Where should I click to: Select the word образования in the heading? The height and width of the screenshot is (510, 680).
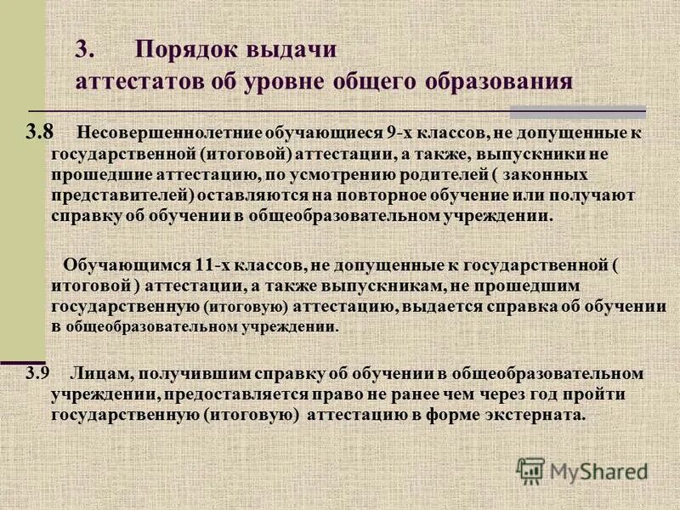click(x=501, y=82)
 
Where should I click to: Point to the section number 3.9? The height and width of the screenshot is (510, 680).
click(x=38, y=371)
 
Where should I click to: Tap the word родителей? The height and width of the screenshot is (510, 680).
click(x=453, y=174)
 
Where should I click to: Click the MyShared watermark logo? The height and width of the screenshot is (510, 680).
click(x=582, y=469)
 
